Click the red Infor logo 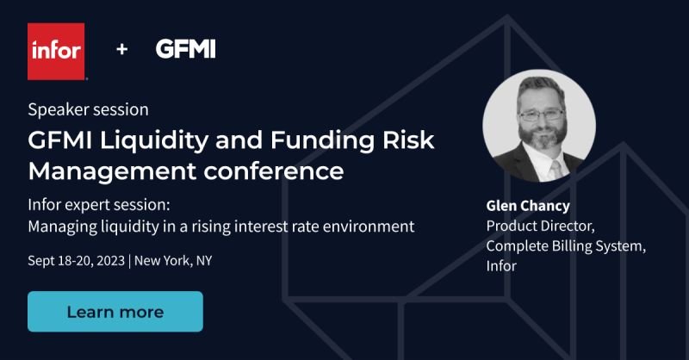[x=56, y=52]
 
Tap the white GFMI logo [x=185, y=49]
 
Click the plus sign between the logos [x=121, y=49]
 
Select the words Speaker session [x=88, y=109]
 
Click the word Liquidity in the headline [x=154, y=141]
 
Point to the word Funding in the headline [x=322, y=141]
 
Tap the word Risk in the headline [x=408, y=140]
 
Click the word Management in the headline [x=112, y=171]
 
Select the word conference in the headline [x=273, y=171]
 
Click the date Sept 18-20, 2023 [x=76, y=261]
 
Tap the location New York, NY [x=173, y=261]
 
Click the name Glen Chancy [x=528, y=206]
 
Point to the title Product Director [x=541, y=226]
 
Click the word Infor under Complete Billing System [x=501, y=266]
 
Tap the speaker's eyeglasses [x=542, y=115]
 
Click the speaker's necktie [x=556, y=169]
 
